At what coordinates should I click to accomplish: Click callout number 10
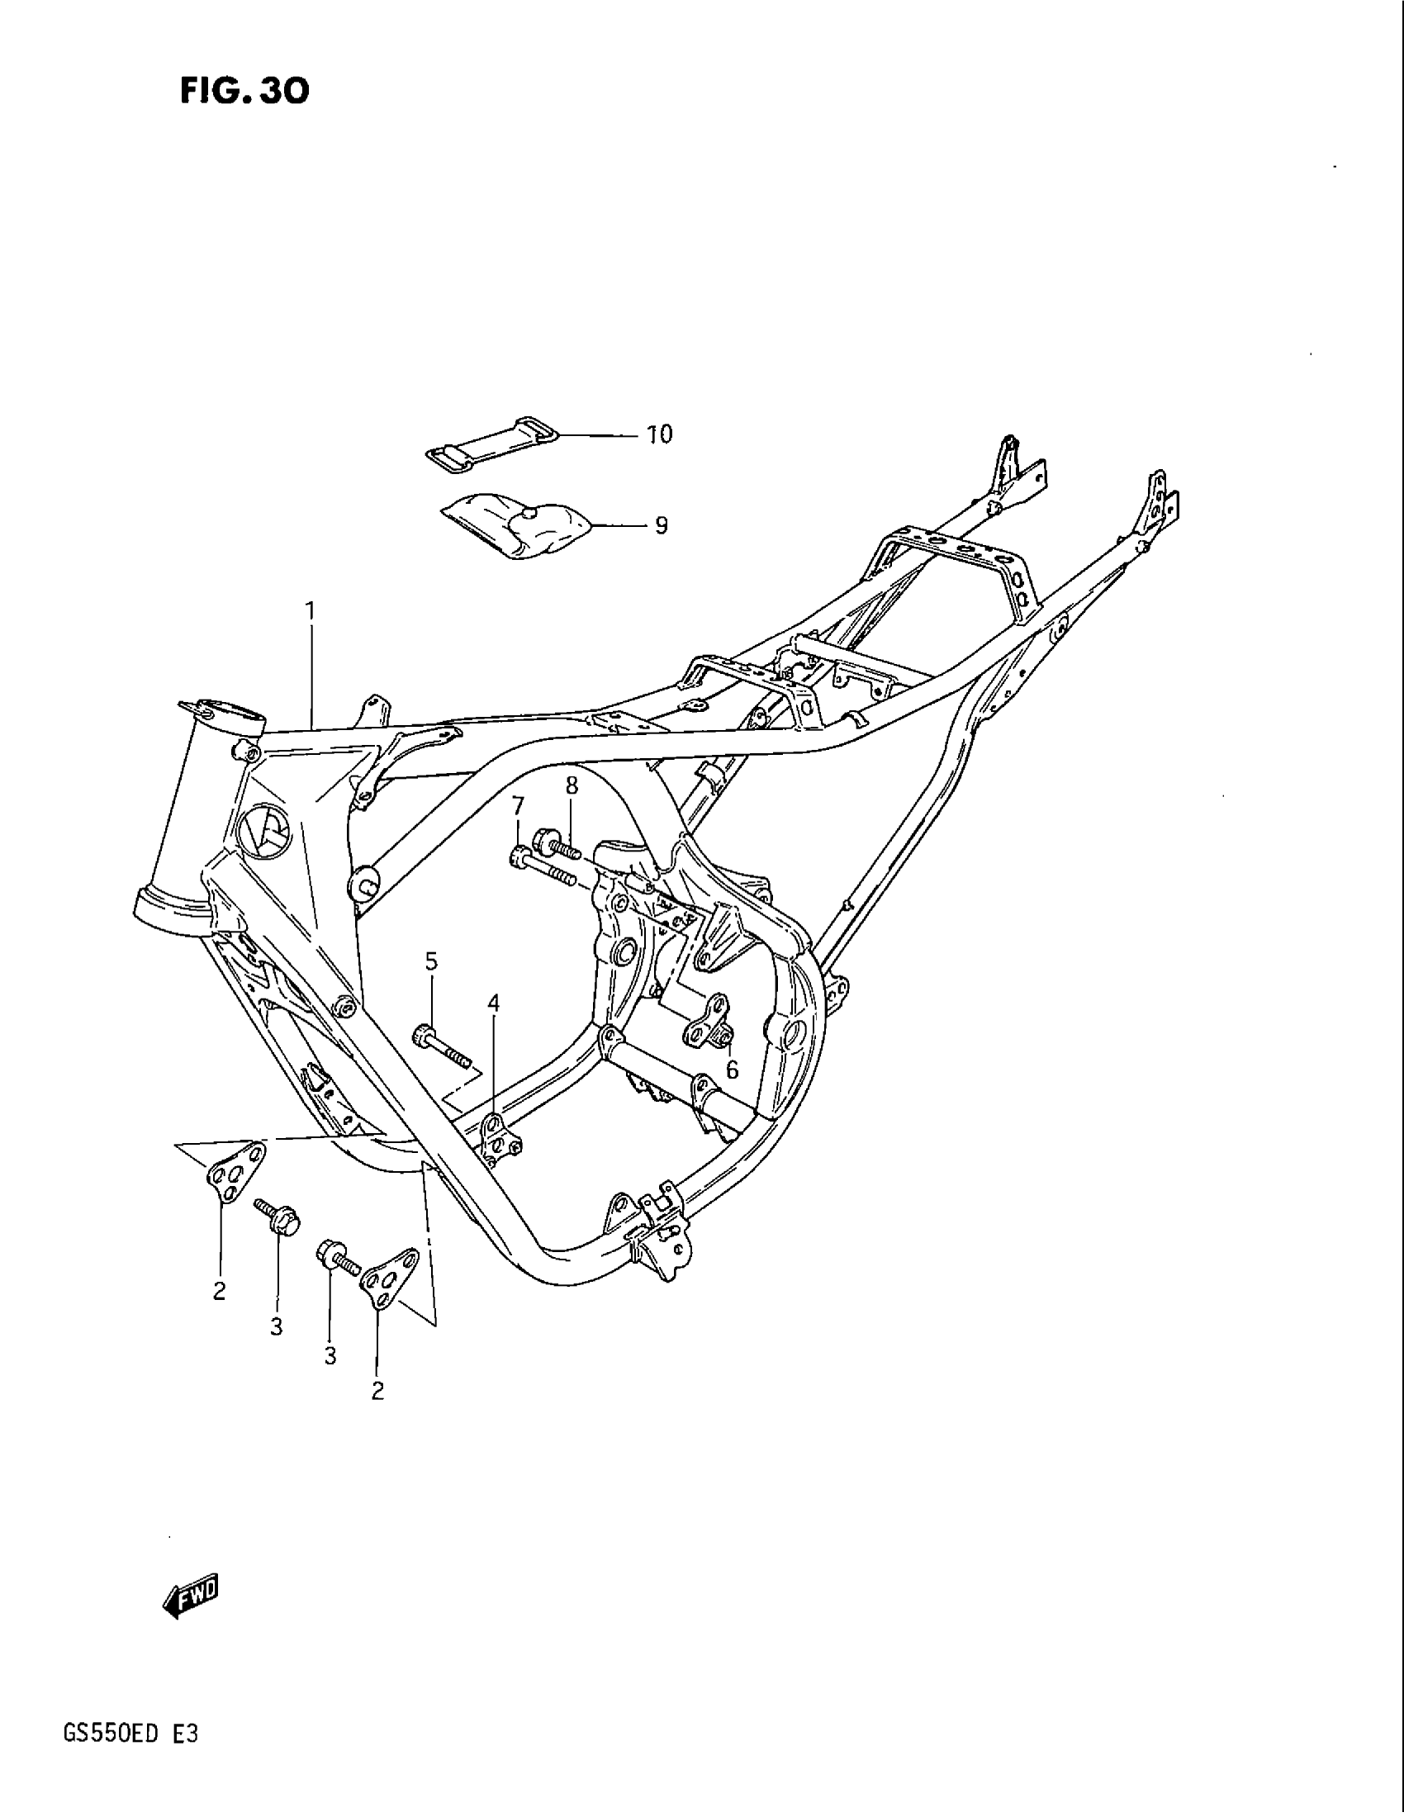660,434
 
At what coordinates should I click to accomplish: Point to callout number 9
661,526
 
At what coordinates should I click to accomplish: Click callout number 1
311,611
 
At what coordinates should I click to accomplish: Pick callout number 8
572,785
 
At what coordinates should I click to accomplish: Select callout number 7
518,806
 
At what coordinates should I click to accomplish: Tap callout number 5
431,961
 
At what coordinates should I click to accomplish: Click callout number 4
494,1004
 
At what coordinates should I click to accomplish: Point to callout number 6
732,1070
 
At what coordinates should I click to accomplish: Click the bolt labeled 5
440,1047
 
